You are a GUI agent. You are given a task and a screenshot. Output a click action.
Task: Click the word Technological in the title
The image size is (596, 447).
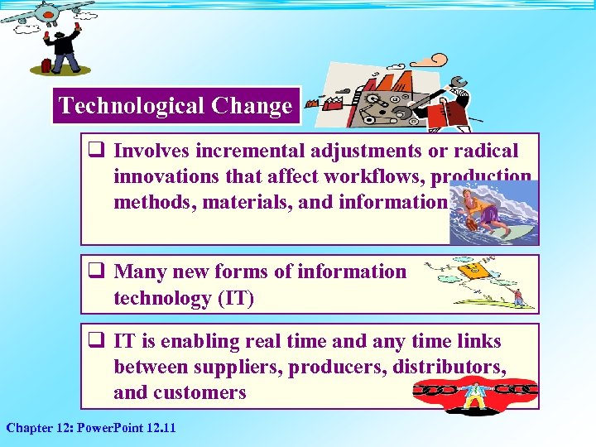132,106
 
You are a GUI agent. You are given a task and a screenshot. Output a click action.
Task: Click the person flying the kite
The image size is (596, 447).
517,296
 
